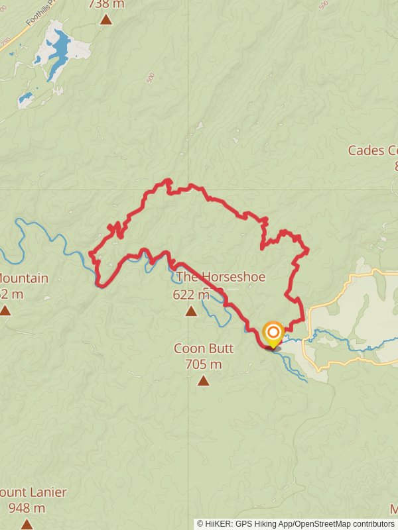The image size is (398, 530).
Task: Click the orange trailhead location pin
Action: click(273, 333)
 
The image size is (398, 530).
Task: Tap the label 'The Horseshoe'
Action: click(220, 277)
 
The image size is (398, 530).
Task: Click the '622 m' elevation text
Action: click(191, 295)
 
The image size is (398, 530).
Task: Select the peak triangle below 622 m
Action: click(191, 311)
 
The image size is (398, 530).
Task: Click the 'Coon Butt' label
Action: click(203, 348)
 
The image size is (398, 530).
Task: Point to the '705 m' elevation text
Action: click(203, 364)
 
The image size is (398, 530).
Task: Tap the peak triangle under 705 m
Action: click(203, 380)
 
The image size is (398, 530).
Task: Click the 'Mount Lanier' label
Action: click(33, 493)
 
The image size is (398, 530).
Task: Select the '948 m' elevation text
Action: click(27, 509)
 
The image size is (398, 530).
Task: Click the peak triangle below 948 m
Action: click(27, 524)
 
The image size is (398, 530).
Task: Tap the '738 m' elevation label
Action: click(106, 4)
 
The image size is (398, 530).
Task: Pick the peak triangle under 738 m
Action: click(106, 19)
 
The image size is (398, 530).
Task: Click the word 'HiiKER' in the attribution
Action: click(220, 524)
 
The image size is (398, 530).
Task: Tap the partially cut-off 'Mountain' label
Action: click(24, 278)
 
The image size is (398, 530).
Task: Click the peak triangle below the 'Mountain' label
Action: click(5, 310)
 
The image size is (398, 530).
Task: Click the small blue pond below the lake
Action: click(25, 99)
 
